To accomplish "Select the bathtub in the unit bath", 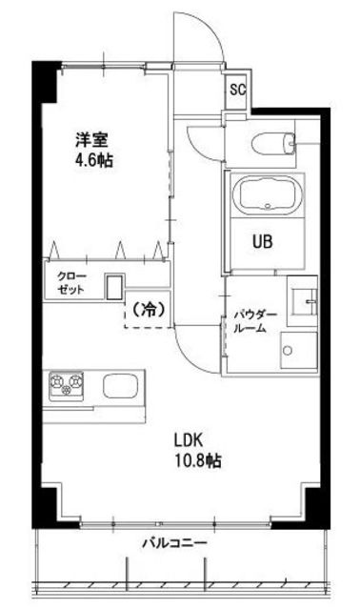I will pyautogui.click(x=268, y=196).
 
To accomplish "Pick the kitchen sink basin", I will pyautogui.click(x=121, y=387).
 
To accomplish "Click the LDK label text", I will pyautogui.click(x=189, y=440).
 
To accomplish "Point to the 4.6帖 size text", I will pyautogui.click(x=94, y=161).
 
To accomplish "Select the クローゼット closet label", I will pyautogui.click(x=70, y=283).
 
